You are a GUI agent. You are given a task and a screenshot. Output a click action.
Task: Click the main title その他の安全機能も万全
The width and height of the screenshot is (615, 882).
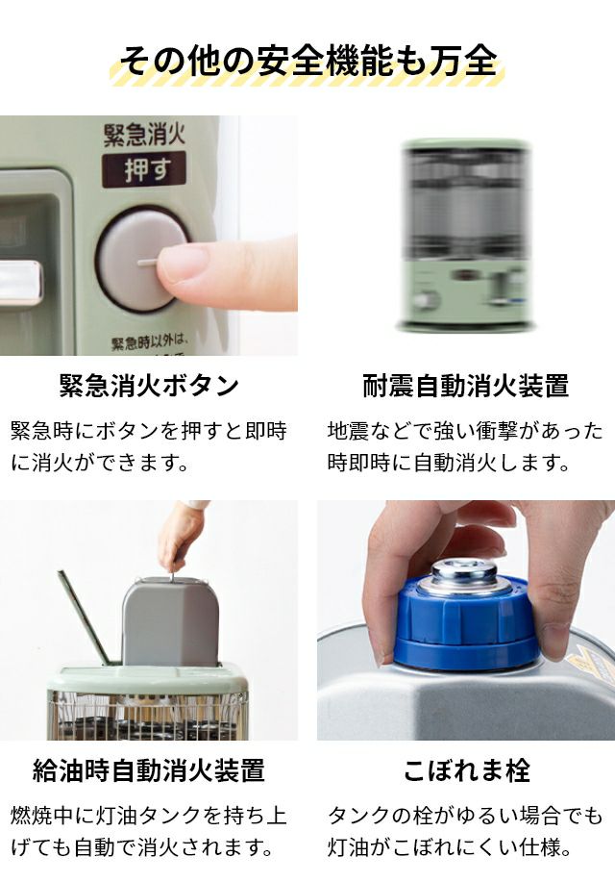click(x=308, y=61)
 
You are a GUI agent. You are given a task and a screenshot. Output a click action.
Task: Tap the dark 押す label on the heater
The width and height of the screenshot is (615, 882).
click(x=144, y=169)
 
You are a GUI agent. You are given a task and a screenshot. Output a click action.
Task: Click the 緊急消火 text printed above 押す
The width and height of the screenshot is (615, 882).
click(x=144, y=134)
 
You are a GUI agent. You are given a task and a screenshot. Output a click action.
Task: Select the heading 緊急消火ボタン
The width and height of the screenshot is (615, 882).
click(x=149, y=386)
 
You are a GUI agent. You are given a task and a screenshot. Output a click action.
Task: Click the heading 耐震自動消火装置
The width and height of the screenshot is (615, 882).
click(x=466, y=386)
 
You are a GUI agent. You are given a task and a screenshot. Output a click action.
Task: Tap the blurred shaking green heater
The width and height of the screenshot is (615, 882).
click(x=466, y=235)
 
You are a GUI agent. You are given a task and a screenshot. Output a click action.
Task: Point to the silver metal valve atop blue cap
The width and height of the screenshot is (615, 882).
click(x=464, y=575)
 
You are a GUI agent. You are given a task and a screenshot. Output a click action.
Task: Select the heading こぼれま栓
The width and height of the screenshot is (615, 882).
click(x=467, y=770)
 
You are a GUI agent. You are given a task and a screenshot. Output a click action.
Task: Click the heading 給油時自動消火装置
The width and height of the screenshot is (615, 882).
click(x=149, y=770)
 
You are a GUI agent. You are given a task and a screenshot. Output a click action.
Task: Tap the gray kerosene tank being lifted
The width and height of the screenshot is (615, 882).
click(x=170, y=620)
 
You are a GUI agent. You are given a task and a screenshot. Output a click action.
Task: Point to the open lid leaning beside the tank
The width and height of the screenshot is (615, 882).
click(x=85, y=617)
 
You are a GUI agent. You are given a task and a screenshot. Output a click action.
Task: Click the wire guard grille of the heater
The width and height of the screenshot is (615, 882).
click(x=147, y=715)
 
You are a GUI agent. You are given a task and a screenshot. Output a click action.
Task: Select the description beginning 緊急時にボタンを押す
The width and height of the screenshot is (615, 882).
click(x=149, y=446)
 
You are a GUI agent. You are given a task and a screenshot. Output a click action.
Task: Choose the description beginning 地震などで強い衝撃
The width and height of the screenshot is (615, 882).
click(x=465, y=446)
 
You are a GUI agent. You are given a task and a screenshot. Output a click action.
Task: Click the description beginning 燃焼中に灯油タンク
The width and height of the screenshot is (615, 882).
click(x=149, y=831)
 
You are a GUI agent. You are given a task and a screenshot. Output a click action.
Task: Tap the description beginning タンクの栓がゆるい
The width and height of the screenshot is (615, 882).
click(x=465, y=831)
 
